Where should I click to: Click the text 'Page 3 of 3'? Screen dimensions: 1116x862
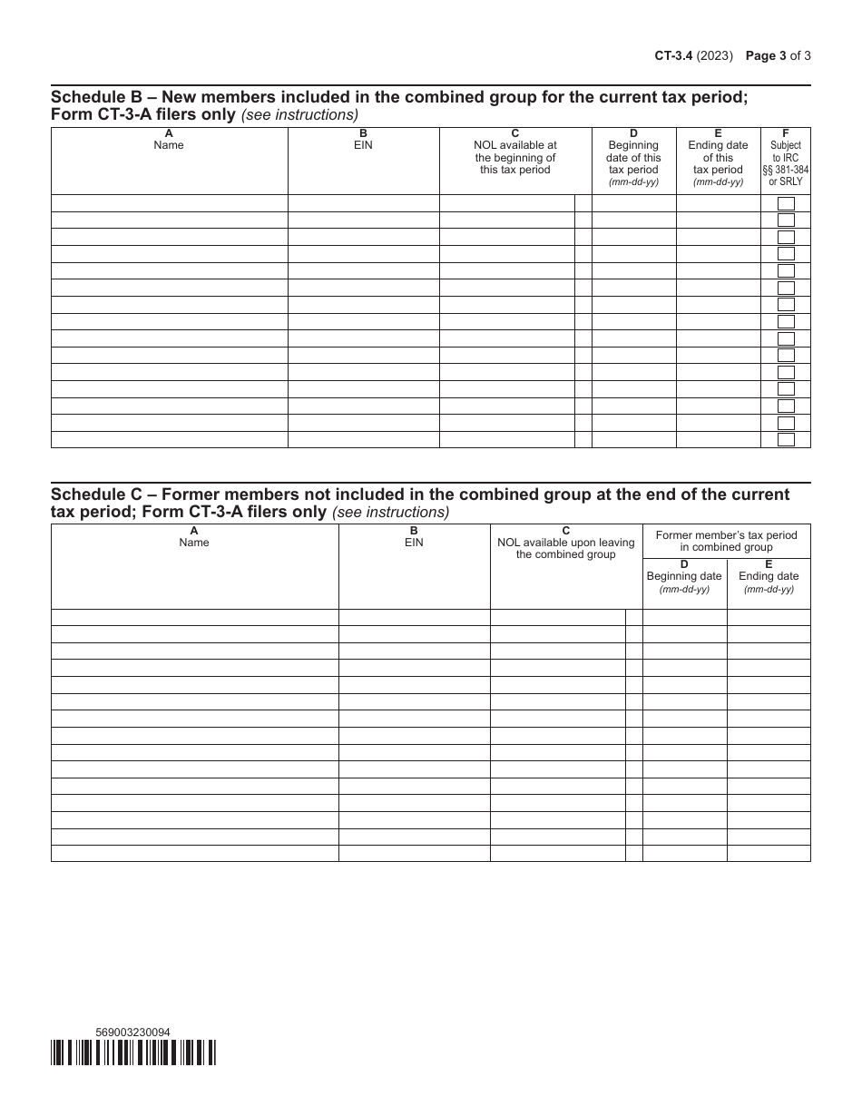(x=778, y=54)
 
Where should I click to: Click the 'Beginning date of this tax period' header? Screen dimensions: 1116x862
(x=633, y=158)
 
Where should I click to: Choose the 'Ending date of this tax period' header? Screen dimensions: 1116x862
(x=718, y=158)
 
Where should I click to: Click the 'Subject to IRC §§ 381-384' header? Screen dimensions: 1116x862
(x=786, y=158)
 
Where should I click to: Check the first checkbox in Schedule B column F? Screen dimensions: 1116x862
(x=786, y=203)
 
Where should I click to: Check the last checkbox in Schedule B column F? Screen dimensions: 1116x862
(x=786, y=440)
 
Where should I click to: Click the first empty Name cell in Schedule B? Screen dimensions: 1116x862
(x=169, y=203)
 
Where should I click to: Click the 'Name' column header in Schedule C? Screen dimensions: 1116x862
(x=194, y=537)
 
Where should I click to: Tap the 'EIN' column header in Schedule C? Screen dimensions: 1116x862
(x=414, y=537)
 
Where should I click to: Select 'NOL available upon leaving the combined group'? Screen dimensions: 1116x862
(x=566, y=543)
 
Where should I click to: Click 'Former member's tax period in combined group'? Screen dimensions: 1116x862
(x=726, y=541)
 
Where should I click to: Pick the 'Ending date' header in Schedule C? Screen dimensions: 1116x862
(x=769, y=576)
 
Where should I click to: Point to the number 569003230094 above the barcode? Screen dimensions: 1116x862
(x=132, y=1032)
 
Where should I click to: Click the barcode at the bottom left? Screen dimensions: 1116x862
(x=133, y=1052)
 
